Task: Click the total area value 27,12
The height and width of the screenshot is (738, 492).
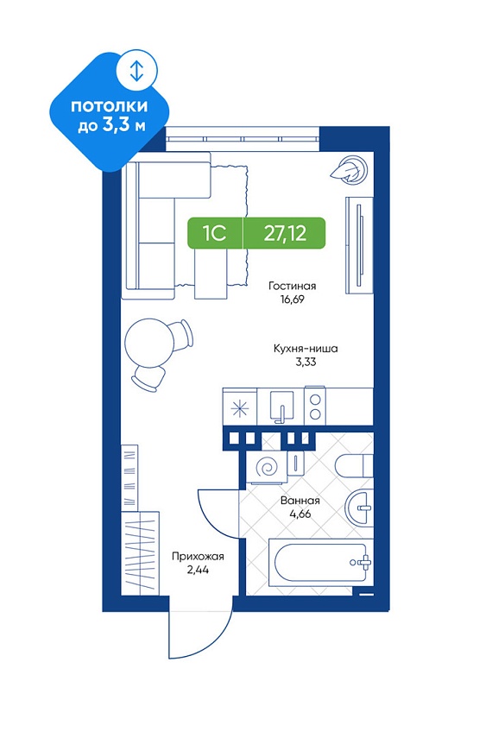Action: [x=285, y=233]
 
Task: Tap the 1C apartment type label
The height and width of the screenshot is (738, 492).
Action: [x=215, y=233]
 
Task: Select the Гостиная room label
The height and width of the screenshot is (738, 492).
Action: [x=293, y=286]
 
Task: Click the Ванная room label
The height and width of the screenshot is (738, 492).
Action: [x=300, y=501]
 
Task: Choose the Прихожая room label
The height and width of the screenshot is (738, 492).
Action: [x=198, y=557]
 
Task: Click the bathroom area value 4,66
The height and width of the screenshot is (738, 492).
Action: [x=300, y=514]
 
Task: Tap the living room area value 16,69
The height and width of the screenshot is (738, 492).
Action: [x=293, y=299]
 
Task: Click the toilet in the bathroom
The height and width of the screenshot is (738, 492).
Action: [x=354, y=465]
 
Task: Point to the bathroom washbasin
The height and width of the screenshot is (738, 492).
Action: [x=359, y=508]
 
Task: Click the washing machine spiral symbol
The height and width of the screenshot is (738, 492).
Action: [x=266, y=469]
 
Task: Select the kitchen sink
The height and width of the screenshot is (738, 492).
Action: [x=281, y=407]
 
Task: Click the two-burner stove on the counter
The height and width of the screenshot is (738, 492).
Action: [x=315, y=407]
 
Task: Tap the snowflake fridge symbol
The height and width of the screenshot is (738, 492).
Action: [x=241, y=408]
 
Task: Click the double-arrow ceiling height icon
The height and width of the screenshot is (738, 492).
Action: [x=136, y=71]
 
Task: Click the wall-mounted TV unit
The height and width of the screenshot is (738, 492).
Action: [x=359, y=245]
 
